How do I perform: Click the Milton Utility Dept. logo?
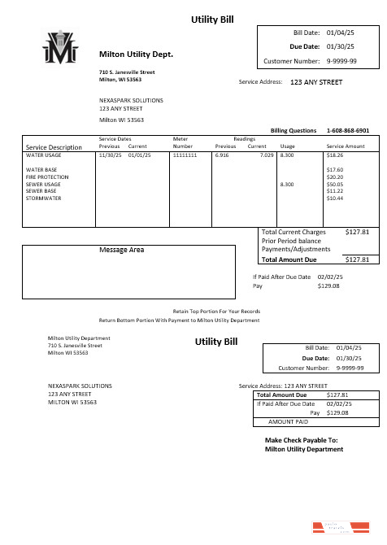61,48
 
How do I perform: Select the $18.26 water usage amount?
334,154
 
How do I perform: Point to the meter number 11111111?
187,154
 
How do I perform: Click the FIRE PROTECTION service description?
47,177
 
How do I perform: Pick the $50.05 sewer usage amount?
334,184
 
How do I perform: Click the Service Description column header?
54,147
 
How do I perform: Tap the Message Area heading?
121,250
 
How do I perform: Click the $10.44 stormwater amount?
334,198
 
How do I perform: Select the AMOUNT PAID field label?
289,421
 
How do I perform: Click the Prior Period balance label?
293,241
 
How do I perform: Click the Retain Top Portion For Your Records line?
216,312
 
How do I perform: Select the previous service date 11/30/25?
108,154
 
